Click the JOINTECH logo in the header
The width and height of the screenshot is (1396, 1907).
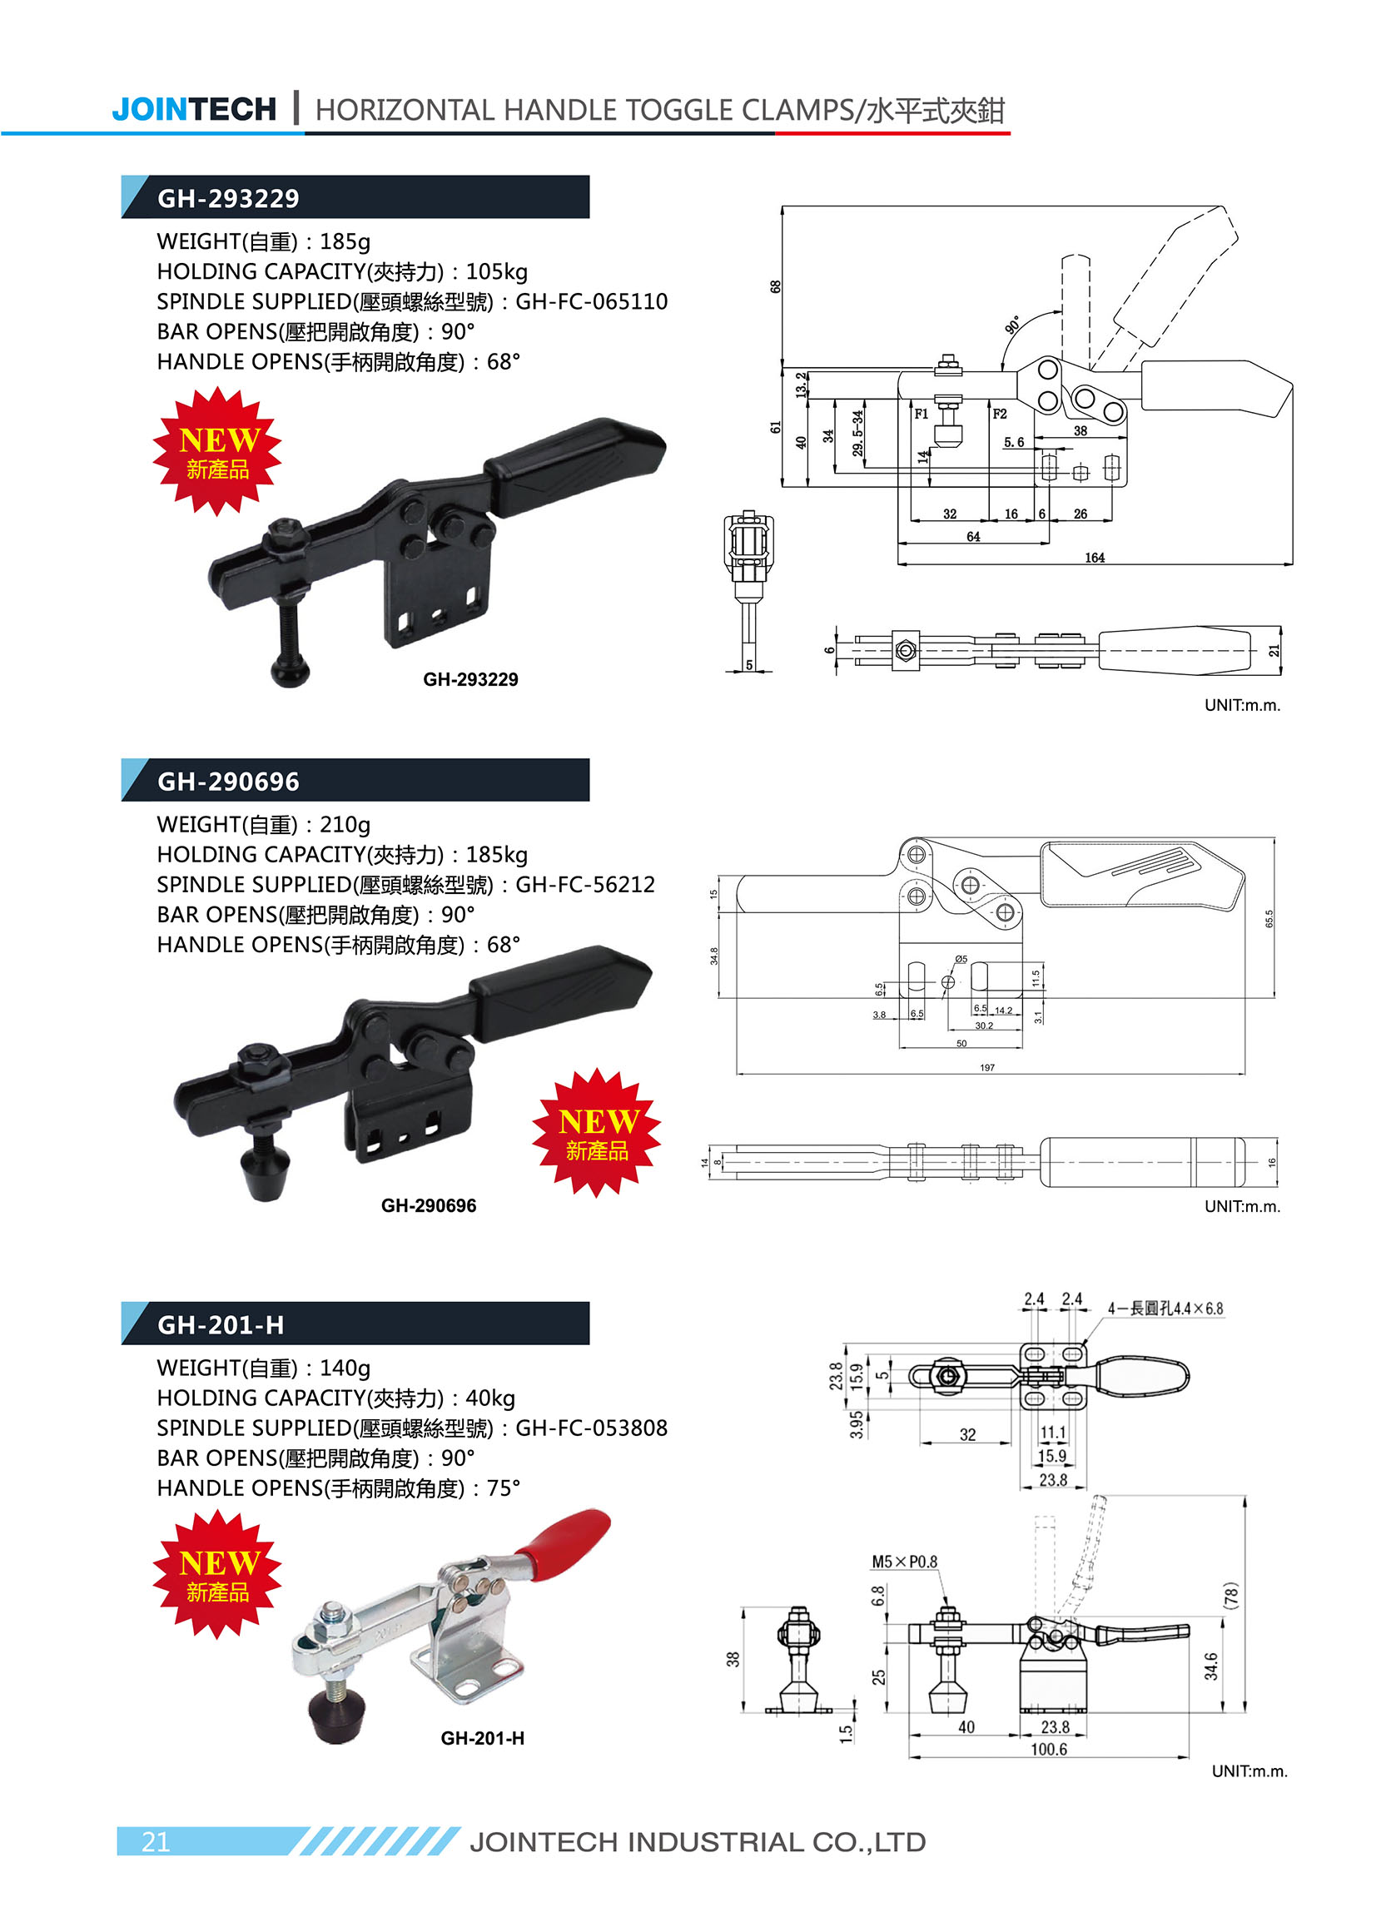coord(193,109)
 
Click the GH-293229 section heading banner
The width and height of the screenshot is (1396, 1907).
coord(355,198)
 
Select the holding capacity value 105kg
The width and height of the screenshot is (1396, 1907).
coord(496,272)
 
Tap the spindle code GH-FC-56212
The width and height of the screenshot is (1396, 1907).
coord(584,885)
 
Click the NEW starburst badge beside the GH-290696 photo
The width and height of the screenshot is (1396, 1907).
coord(597,1132)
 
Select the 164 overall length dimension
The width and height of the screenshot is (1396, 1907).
coord(1095,558)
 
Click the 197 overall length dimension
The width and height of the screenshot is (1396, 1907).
coord(987,1068)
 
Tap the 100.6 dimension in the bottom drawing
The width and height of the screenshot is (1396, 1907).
coord(1048,1750)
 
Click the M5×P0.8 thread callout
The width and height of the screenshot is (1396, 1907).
coord(904,1562)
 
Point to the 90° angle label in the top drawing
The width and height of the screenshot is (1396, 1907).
coord(1012,325)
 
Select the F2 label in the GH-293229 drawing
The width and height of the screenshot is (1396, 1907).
coord(1000,414)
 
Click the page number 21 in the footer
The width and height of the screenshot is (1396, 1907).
coord(156,1842)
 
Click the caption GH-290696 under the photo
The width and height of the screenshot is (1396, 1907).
coord(429,1205)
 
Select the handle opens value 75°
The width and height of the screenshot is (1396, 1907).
coord(503,1488)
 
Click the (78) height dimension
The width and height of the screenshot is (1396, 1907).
coord(1231,1595)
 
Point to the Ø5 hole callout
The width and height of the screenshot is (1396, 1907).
coord(961,959)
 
